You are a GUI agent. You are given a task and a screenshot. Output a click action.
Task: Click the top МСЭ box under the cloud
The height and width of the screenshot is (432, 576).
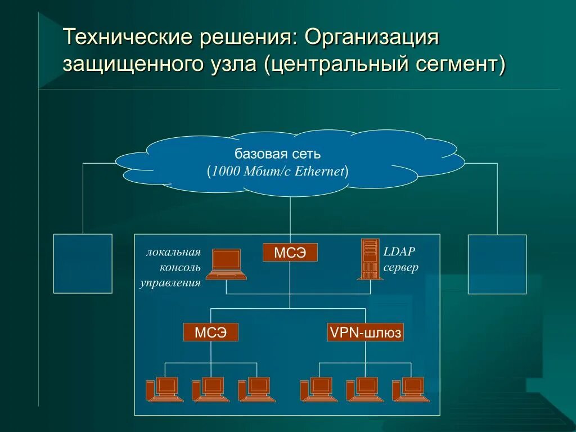point(290,253)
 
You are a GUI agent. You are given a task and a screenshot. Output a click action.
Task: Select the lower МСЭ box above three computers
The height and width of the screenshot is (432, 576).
point(211,332)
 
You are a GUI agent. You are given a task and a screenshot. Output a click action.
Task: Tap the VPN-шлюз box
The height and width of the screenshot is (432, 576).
point(366,332)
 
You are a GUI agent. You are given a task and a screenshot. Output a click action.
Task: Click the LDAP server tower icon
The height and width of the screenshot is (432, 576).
point(370,259)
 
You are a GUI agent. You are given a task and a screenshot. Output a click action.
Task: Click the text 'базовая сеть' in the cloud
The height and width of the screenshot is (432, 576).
point(277,154)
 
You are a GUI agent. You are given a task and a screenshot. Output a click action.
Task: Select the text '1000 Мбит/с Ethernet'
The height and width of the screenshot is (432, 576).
point(278,172)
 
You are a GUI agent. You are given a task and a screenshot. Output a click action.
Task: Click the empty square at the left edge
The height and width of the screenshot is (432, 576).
point(83,263)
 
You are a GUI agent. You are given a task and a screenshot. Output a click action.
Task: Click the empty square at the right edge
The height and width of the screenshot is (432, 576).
point(497,264)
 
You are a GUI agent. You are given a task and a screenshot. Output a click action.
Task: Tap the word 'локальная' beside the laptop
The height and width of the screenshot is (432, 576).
point(173,251)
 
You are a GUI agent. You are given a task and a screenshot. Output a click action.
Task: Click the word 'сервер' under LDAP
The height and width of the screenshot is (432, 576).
point(401,267)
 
